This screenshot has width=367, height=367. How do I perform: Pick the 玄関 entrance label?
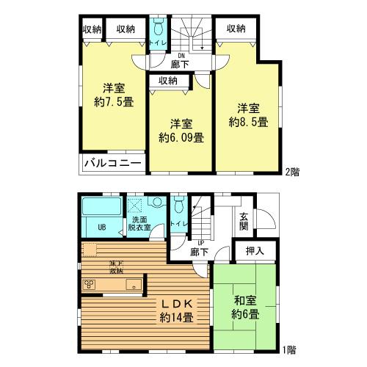[243, 221]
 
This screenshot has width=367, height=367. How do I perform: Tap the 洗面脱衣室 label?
[141, 224]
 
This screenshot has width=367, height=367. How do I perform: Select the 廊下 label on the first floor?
[199, 252]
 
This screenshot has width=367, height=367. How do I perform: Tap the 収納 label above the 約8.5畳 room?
[235, 29]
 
